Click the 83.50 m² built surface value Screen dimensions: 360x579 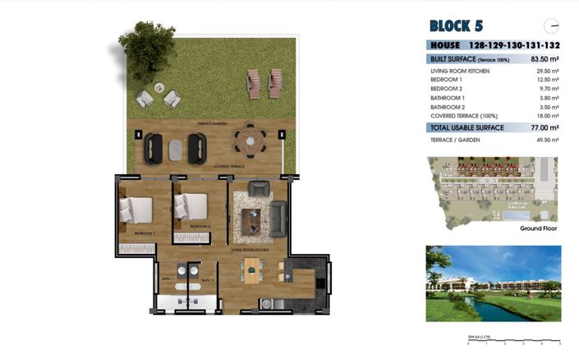[543, 59]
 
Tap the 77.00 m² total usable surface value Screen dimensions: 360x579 [543, 128]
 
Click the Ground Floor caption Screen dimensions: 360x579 [538, 228]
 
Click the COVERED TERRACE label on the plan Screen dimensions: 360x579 [230, 166]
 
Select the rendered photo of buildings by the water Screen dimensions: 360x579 [492, 284]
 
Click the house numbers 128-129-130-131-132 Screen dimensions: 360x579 [514, 46]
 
